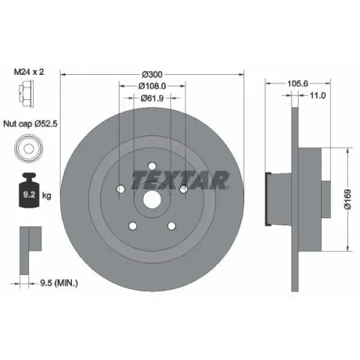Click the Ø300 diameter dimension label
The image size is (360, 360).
152,75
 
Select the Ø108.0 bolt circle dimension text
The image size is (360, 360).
152,86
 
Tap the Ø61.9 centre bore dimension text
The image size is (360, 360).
152,98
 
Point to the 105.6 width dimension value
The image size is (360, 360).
297,84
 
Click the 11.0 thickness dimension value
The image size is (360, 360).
318,96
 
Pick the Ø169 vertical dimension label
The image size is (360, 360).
348,199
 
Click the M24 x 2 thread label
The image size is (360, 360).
29,72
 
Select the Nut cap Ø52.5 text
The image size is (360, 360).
30,124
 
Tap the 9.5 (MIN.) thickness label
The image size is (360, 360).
59,283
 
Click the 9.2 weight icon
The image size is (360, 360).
29,190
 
